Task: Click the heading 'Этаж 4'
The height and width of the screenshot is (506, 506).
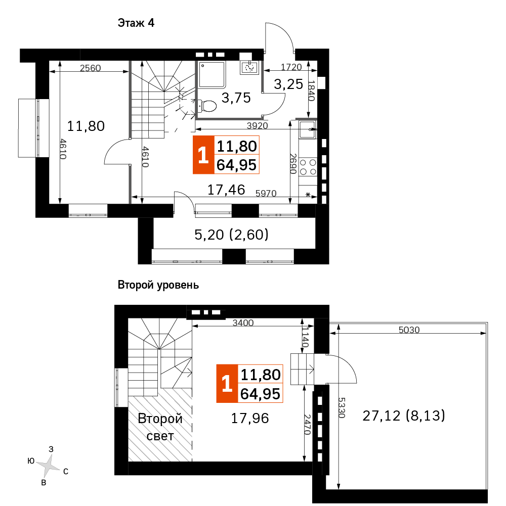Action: tap(136, 23)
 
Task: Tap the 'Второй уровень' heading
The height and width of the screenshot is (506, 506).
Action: tap(158, 285)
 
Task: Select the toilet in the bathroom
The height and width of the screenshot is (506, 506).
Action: tap(207, 106)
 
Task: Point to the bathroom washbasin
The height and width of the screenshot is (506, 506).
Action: tap(249, 67)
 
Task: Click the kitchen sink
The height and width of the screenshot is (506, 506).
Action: tap(307, 129)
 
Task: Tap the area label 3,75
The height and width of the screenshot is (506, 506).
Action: tap(237, 98)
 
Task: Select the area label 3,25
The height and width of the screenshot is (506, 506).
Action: tap(288, 84)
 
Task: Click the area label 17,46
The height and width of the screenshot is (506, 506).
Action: tap(226, 190)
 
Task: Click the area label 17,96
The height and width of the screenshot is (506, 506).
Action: tap(250, 418)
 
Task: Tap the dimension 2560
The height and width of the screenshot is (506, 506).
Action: tap(91, 68)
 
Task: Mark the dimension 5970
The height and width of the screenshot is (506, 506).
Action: tap(266, 193)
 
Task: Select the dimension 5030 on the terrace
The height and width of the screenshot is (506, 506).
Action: tap(409, 330)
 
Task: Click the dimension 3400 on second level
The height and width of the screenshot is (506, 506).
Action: tap(243, 323)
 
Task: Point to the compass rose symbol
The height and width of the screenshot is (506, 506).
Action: tap(49, 466)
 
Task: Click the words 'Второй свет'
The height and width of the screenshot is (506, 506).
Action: tap(160, 427)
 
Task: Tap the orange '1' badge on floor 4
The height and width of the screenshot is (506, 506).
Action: tap(203, 155)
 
